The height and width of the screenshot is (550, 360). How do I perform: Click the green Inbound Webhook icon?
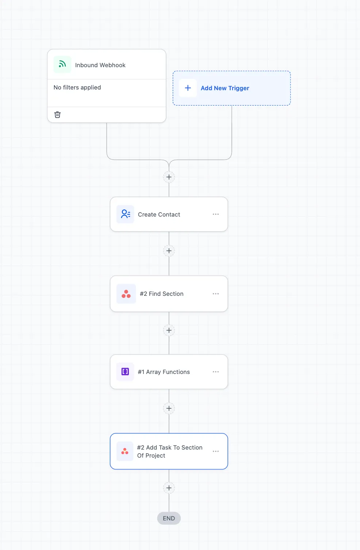[62, 65]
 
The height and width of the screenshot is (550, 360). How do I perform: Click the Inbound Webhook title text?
[100, 65]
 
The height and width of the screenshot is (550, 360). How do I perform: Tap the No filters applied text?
[77, 88]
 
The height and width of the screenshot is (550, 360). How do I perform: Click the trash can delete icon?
[57, 115]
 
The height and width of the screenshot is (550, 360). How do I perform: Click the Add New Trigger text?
[225, 88]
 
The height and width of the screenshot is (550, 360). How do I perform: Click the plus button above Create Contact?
[169, 177]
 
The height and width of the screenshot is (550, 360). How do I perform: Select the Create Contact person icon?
[125, 214]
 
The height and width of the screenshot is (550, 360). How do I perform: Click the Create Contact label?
[159, 215]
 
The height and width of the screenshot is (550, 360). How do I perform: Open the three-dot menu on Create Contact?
[215, 214]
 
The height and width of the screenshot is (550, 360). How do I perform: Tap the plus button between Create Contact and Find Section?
[169, 251]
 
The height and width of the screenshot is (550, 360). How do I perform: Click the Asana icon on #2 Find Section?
[126, 294]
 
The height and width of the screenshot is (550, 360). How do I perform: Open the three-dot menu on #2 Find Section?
[215, 294]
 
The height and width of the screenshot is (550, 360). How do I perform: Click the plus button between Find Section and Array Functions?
[169, 331]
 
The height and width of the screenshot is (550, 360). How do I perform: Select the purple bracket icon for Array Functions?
[125, 372]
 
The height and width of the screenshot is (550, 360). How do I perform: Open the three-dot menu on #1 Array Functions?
[215, 372]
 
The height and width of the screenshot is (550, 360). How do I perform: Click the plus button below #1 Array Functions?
[169, 408]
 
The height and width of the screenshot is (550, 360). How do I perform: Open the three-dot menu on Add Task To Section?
[215, 451]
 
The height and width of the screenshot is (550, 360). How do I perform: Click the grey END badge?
[169, 518]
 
